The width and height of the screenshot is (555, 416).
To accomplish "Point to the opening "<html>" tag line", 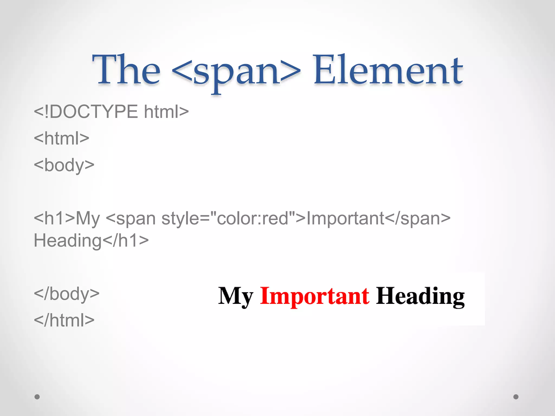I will [62, 138].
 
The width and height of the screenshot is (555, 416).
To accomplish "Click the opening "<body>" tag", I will [64, 165].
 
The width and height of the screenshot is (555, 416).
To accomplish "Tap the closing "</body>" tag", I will [67, 294].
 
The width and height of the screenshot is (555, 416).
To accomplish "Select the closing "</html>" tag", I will [64, 320].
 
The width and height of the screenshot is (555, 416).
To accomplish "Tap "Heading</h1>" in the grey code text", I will [91, 240].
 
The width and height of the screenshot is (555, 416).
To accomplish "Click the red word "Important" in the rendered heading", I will [314, 296].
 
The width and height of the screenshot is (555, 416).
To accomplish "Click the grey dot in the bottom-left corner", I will [37, 397].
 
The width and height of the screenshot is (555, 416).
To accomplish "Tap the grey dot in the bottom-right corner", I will [516, 397].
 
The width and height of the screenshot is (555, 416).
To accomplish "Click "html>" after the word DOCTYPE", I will [166, 111].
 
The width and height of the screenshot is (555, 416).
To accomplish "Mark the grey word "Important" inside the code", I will [345, 218].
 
